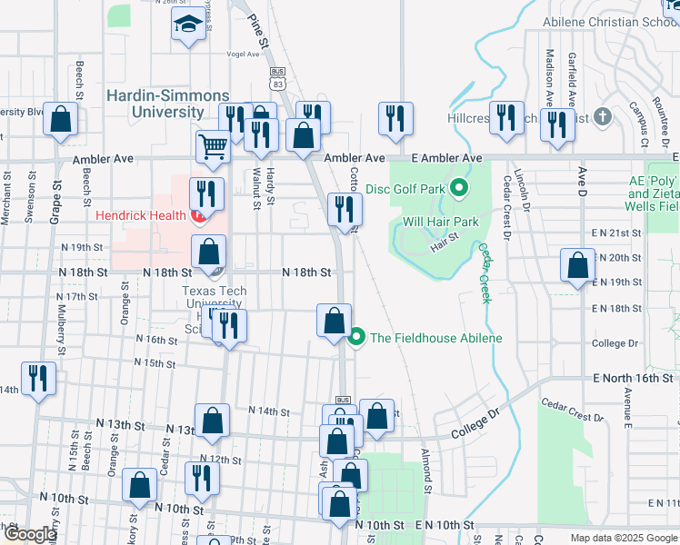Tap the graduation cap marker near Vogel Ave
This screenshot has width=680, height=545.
coord(189,25)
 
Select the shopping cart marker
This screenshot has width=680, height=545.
coord(213,145)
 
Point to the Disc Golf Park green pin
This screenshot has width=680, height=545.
coord(460,189)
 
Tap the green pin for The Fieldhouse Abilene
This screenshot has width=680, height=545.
coord(357,338)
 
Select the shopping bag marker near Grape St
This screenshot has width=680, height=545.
coord(61,120)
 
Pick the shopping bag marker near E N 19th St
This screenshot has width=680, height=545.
coord(577,266)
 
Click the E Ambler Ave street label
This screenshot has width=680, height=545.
coord(445,158)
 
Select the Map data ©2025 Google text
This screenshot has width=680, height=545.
coord(624,538)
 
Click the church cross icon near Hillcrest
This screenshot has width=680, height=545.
coord(602,116)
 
